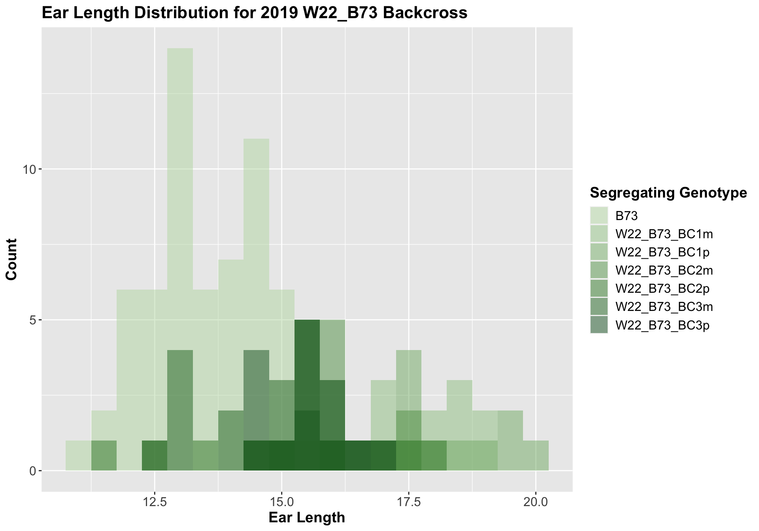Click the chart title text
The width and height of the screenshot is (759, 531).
point(254,13)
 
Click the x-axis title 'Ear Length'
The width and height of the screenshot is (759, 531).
point(307,518)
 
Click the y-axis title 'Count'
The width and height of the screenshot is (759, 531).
point(12,259)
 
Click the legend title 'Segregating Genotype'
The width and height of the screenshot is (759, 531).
point(668,193)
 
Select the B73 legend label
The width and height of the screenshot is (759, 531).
point(627,216)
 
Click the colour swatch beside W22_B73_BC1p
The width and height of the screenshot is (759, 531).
point(599,252)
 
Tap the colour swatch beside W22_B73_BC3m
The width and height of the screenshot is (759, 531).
point(599,307)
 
